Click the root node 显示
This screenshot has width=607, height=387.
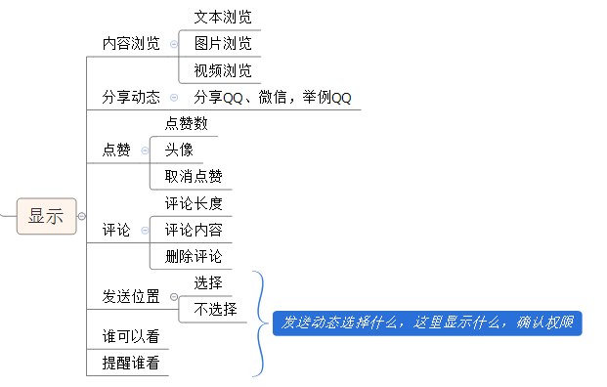click(46, 217)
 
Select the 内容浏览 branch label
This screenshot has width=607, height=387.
click(131, 44)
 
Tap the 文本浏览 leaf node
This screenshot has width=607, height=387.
click(222, 17)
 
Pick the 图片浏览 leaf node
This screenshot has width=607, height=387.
click(222, 44)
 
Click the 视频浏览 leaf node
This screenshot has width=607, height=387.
click(222, 70)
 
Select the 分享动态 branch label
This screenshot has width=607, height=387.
click(131, 98)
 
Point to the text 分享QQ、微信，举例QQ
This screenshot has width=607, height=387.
click(272, 98)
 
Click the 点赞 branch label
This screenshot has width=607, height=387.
click(116, 150)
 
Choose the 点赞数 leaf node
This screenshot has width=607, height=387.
click(186, 124)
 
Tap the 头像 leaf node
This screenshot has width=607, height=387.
click(179, 150)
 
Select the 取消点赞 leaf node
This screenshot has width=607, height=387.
click(194, 177)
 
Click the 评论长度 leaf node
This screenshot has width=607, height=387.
click(194, 204)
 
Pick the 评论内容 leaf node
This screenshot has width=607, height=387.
click(194, 231)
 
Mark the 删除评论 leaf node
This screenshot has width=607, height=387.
click(194, 257)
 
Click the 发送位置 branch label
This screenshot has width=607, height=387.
click(131, 297)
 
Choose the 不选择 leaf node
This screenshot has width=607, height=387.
click(215, 310)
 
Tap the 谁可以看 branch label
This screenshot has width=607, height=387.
click(131, 337)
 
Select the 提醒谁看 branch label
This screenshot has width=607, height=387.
click(131, 364)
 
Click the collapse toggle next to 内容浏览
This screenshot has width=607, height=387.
click(174, 44)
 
